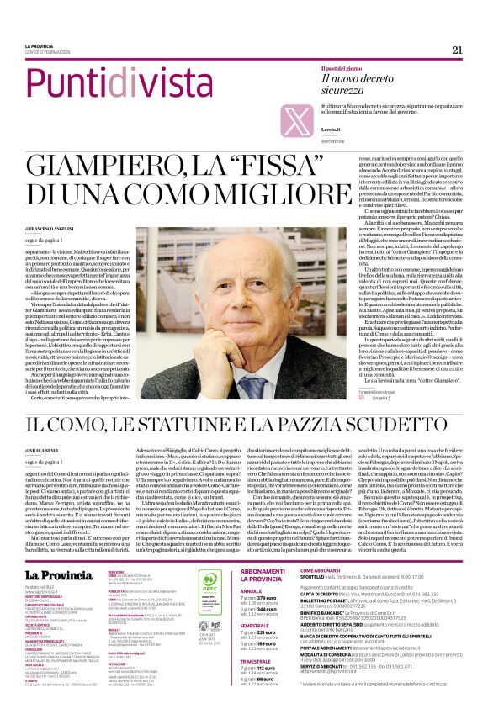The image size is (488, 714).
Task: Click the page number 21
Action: coord(457,50)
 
